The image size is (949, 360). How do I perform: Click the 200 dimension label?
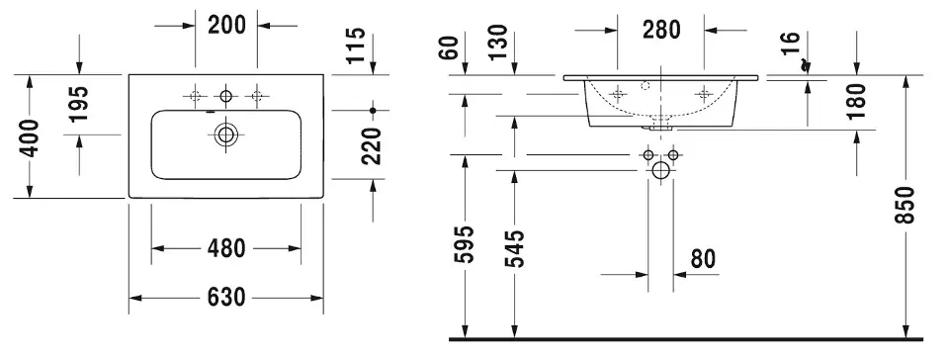[x=227, y=26]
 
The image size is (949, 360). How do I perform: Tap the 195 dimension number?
[x=79, y=104]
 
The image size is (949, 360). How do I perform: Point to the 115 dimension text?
[x=357, y=45]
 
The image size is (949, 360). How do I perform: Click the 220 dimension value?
[x=371, y=145]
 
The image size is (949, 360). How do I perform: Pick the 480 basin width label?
[x=226, y=248]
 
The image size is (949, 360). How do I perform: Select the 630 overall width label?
[x=226, y=298]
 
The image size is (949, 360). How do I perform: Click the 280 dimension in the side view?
[x=661, y=29]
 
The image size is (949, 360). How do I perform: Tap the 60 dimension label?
[x=451, y=47]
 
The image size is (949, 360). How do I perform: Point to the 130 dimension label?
[x=497, y=42]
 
